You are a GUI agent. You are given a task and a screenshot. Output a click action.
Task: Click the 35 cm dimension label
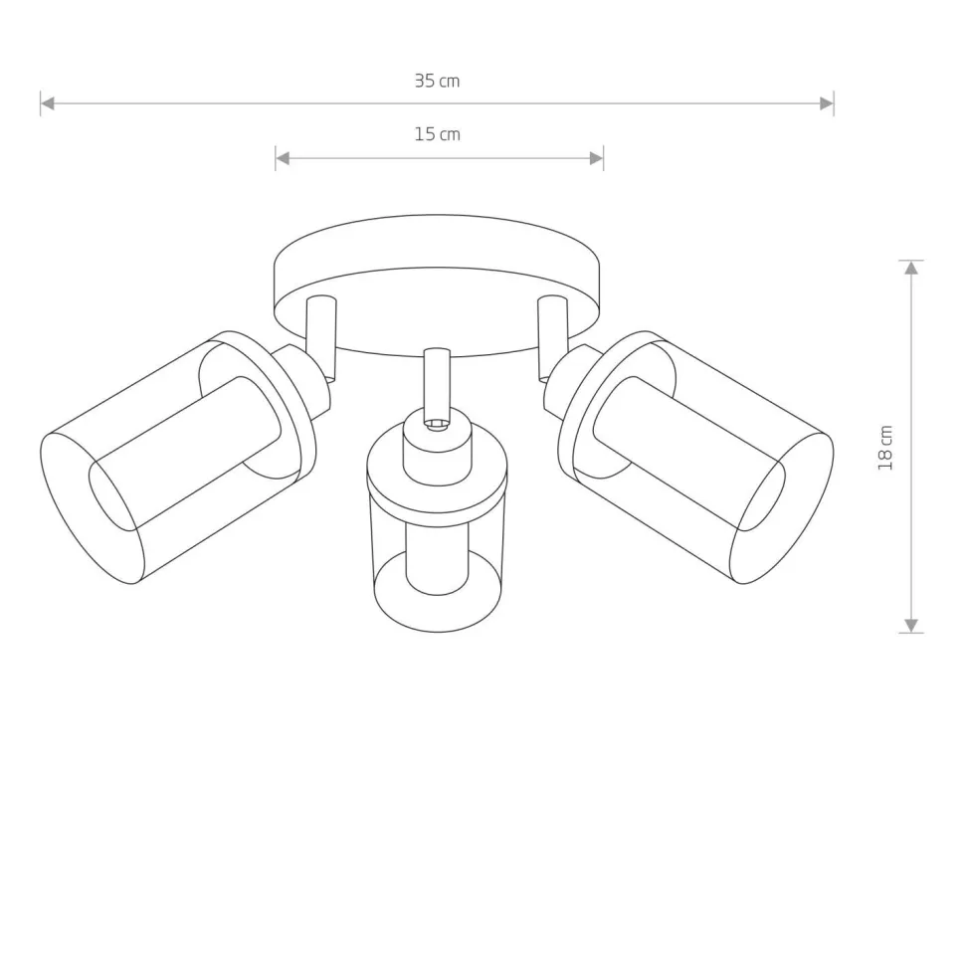coord(437,82)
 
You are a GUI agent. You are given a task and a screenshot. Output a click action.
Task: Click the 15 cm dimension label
coord(437,134)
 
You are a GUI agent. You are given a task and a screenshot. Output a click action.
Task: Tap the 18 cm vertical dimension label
coord(885,448)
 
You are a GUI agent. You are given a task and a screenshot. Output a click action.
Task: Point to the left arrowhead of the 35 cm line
coord(47,103)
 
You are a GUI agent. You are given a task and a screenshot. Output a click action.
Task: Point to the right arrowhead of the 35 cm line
coord(827,103)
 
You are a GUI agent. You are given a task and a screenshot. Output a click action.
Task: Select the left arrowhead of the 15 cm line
coord(283,158)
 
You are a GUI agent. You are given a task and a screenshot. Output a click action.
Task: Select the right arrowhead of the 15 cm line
coord(597,158)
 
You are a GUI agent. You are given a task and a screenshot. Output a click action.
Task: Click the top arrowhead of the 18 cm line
coord(910,268)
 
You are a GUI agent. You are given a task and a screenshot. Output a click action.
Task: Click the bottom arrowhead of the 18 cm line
coord(910,625)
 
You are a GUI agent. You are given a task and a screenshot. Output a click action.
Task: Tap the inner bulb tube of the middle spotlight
coord(437,557)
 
